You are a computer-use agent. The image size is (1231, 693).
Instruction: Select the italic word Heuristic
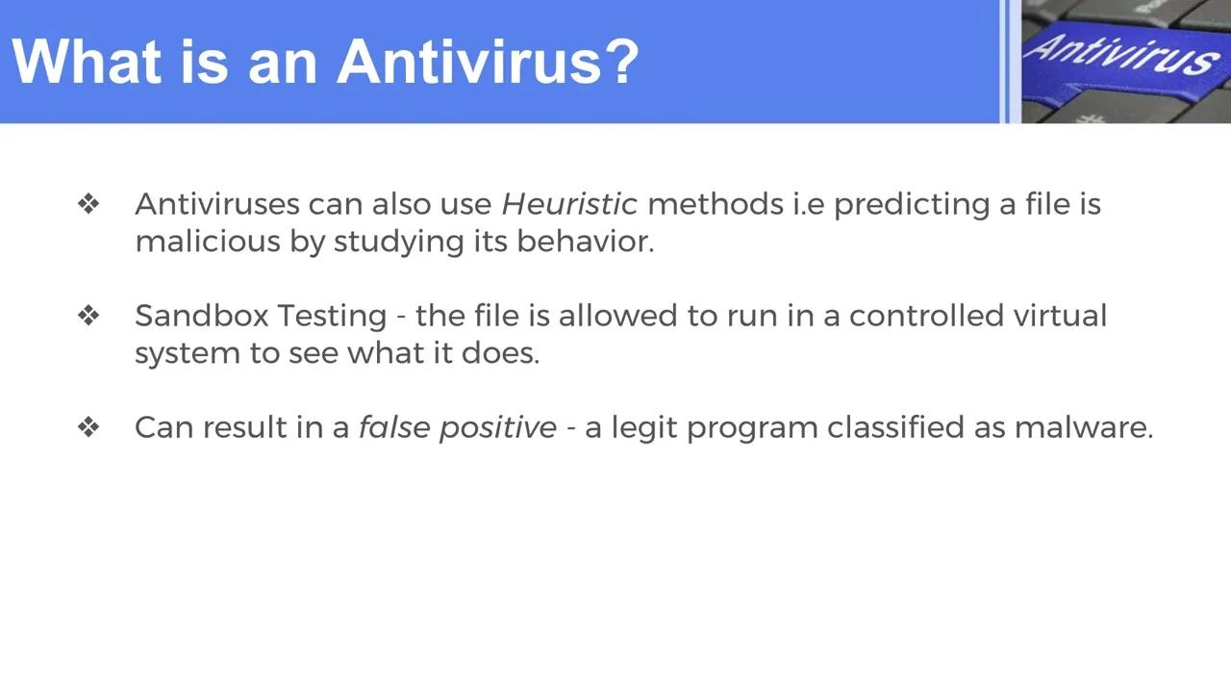point(569,204)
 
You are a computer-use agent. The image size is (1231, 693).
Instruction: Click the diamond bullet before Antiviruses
point(88,204)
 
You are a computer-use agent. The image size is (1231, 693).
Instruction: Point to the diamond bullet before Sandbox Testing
point(88,316)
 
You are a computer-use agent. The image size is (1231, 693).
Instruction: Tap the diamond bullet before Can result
point(88,427)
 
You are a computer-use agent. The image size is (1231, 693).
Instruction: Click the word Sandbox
point(201,316)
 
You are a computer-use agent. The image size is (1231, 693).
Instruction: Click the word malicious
point(207,242)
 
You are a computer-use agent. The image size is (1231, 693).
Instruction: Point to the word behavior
point(585,242)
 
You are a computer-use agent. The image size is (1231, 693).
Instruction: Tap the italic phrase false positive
point(457,428)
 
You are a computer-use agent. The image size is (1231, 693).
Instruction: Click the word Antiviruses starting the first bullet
point(216,204)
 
